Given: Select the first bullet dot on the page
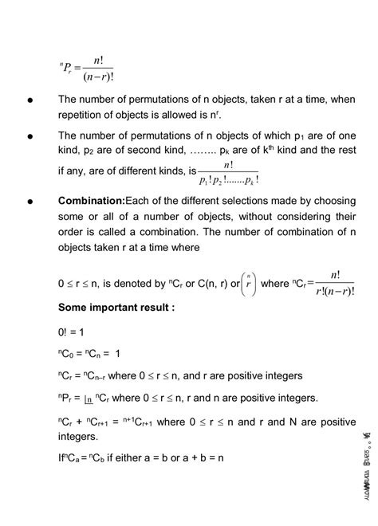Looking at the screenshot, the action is coord(30,101).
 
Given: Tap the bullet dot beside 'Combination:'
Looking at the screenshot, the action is coord(30,198).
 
